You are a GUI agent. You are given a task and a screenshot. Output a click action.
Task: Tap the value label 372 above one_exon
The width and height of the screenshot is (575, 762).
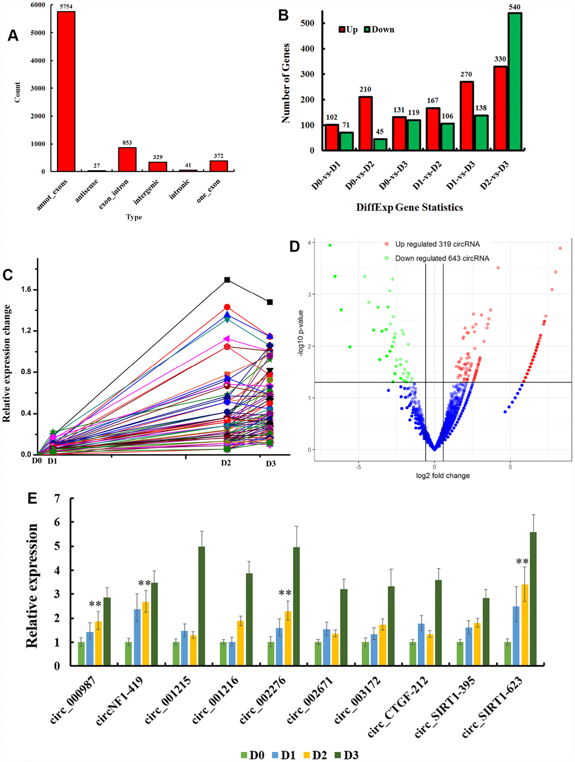coord(218,156)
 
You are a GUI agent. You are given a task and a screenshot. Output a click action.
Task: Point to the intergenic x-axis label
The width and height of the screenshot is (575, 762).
coord(147,192)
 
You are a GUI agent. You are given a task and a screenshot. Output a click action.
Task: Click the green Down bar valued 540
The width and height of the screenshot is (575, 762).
coord(515,82)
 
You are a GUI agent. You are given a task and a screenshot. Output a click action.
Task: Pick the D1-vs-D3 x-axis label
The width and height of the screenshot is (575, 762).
coord(461,175)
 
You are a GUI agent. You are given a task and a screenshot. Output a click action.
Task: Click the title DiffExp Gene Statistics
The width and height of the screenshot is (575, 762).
coord(409,207)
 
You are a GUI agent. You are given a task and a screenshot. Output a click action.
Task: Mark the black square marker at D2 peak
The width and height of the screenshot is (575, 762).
coord(227,280)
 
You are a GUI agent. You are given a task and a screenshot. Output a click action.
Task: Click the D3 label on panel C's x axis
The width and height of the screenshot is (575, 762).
coord(271,463)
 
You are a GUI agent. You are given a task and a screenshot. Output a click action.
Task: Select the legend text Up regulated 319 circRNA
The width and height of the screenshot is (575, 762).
coord(437,244)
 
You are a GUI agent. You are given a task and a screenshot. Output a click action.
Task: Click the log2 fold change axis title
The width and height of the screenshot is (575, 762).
coord(443,476)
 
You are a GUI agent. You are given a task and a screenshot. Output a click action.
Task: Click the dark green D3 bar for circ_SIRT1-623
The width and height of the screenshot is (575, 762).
coord(533,599)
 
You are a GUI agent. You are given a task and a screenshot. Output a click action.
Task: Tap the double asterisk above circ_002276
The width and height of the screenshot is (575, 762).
coord(285,593)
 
